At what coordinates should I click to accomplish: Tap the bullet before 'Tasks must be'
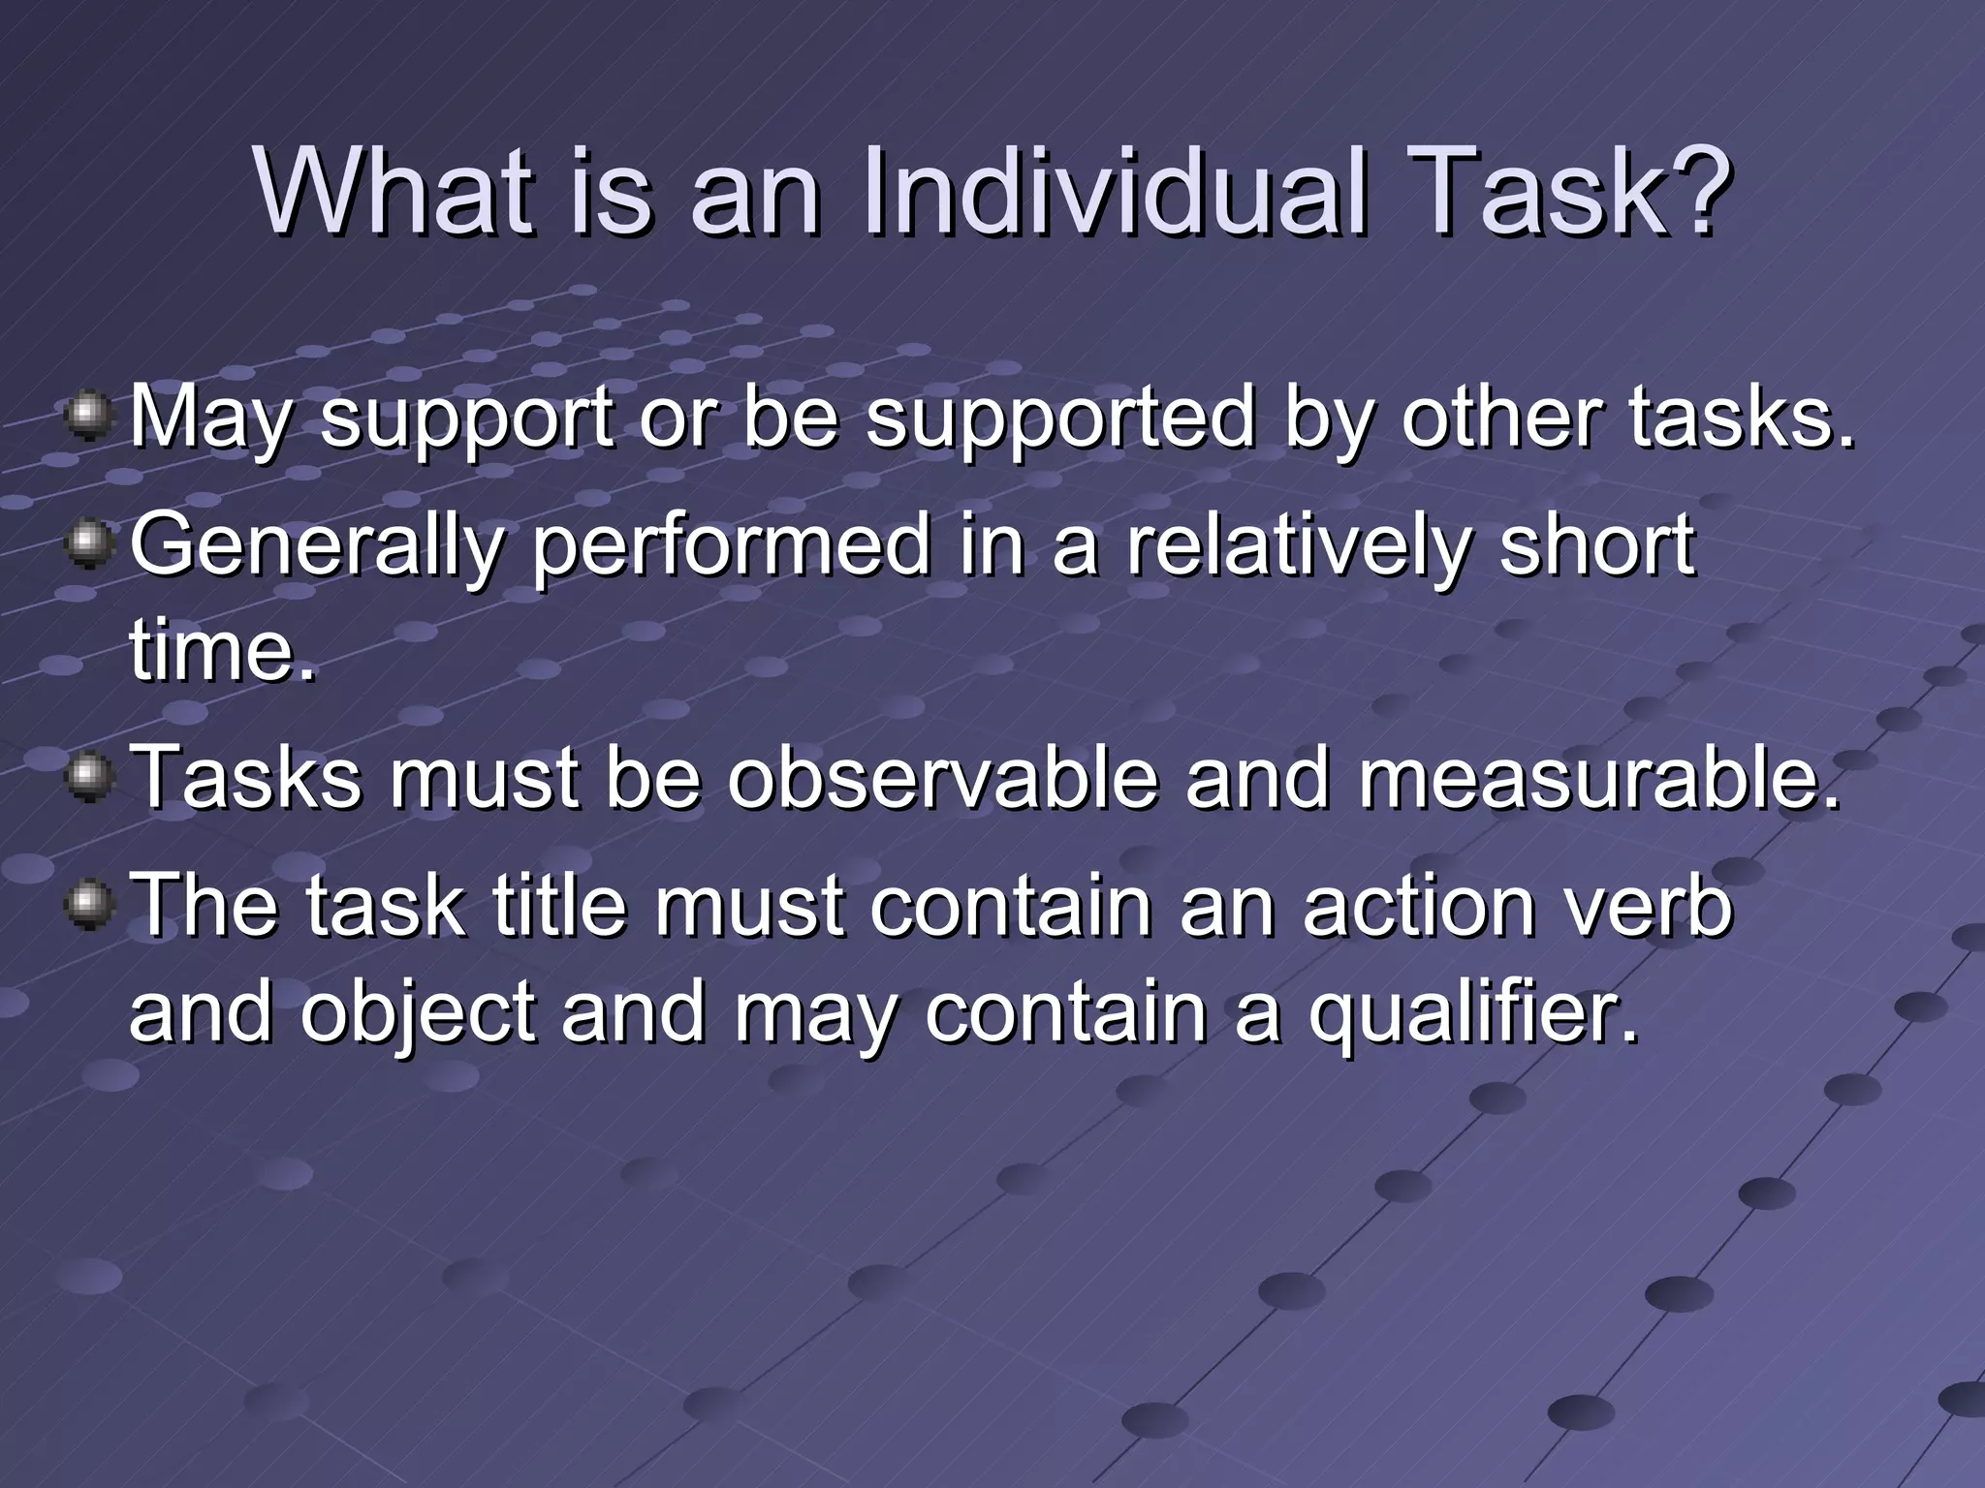pyautogui.click(x=89, y=777)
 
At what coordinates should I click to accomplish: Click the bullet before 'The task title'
pyautogui.click(x=89, y=906)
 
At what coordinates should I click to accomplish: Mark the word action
pyautogui.click(x=1419, y=907)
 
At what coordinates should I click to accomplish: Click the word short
pyautogui.click(x=1596, y=545)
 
